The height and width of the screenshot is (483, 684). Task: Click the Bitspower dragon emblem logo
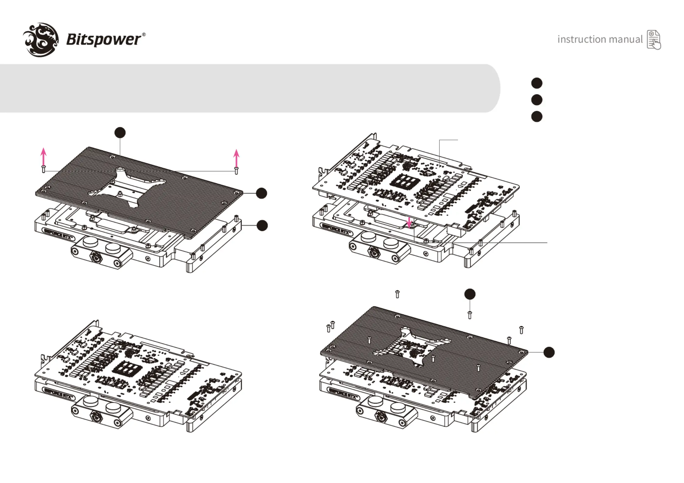(41, 40)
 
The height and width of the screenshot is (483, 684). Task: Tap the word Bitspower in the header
(104, 40)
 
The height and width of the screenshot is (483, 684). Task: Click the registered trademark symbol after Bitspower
(144, 34)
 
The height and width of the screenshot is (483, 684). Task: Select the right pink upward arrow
(236, 158)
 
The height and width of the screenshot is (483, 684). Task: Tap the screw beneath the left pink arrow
(44, 169)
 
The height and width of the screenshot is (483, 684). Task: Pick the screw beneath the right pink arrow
(236, 170)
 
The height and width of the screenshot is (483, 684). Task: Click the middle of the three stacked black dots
(537, 100)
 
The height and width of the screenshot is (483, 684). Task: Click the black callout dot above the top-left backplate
(120, 133)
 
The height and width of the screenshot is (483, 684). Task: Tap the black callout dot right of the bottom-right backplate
(549, 352)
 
